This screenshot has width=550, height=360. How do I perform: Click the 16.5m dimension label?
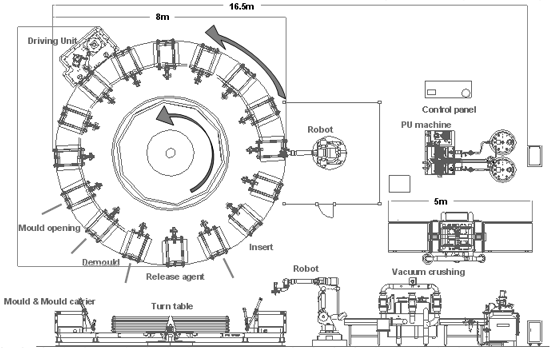pyautogui.click(x=242, y=6)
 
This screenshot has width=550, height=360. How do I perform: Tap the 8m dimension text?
pyautogui.click(x=162, y=17)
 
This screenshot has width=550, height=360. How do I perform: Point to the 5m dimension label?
pyautogui.click(x=441, y=201)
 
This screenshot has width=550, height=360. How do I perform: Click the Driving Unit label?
pyautogui.click(x=52, y=41)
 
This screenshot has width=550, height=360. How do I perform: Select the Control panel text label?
pyautogui.click(x=449, y=109)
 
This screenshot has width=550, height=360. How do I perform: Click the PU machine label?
pyautogui.click(x=426, y=125)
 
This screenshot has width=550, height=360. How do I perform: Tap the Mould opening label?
pyautogui.click(x=49, y=228)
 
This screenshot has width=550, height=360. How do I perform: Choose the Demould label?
pyautogui.click(x=101, y=262)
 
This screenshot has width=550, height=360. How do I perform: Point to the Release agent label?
pyautogui.click(x=175, y=277)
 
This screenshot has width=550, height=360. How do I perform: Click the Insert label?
pyautogui.click(x=261, y=247)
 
